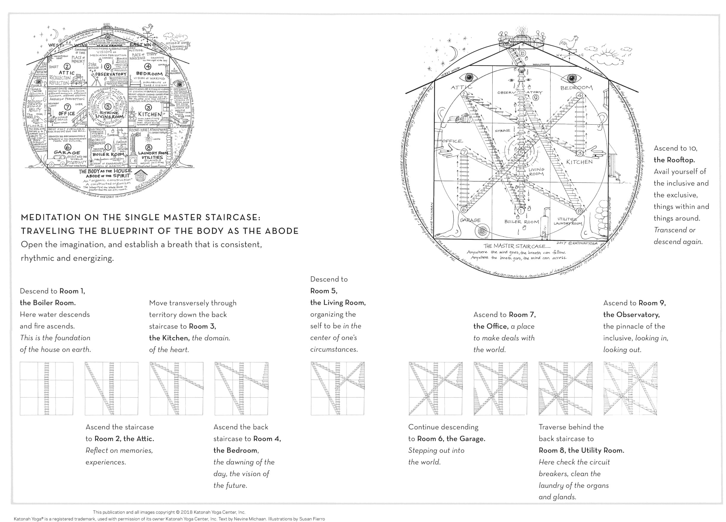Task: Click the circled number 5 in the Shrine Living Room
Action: coord(108,107)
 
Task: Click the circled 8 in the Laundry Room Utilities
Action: coord(148,147)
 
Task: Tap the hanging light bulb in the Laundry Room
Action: coord(148,138)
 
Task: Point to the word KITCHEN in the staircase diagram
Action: coord(579,162)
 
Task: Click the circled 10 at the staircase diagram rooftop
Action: coord(522,53)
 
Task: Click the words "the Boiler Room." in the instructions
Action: coord(48,303)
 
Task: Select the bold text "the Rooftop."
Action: coord(674,160)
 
